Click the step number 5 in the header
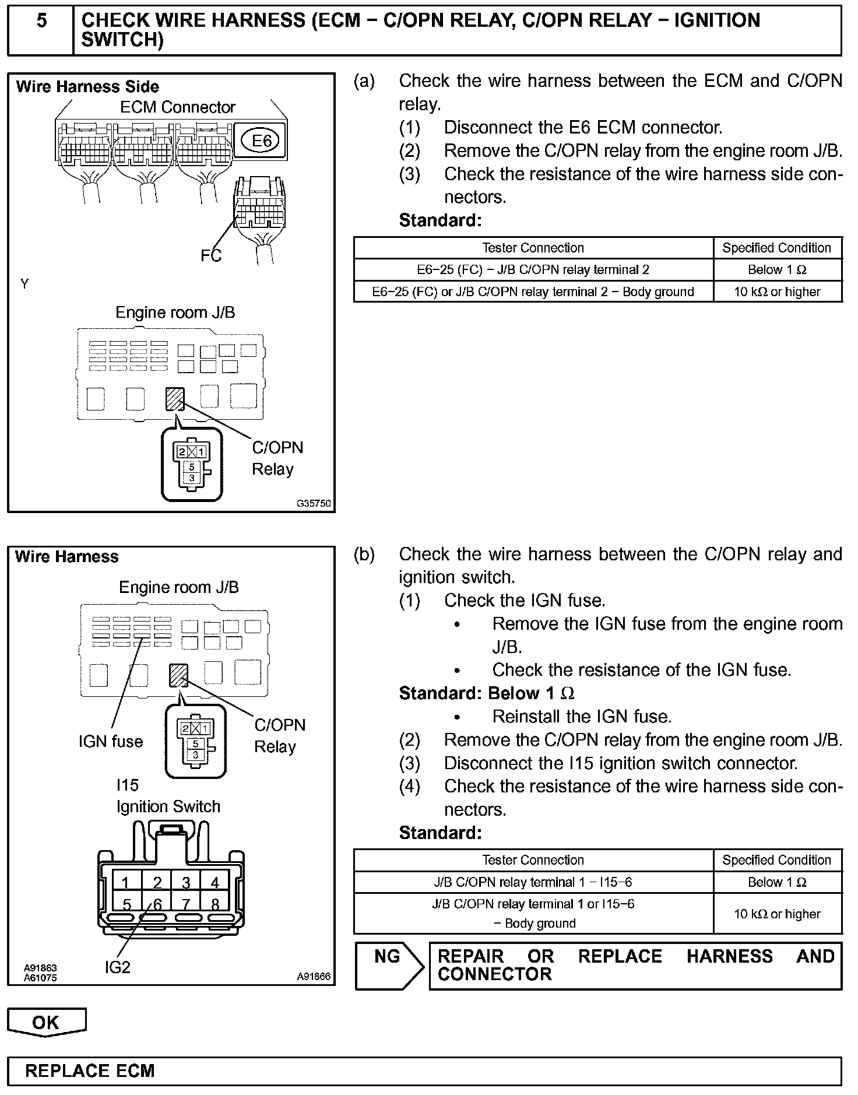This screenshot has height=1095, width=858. click(41, 22)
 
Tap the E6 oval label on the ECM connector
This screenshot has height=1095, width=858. click(262, 141)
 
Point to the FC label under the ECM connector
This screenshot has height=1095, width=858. click(211, 255)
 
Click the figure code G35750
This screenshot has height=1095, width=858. click(314, 503)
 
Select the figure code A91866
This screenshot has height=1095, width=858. click(314, 976)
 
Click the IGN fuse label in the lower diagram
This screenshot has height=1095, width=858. click(111, 742)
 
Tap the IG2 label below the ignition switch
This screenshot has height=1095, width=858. click(118, 967)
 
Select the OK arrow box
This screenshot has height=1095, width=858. click(46, 1022)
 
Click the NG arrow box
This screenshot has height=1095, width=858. click(389, 966)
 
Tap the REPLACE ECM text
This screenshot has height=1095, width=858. click(90, 1071)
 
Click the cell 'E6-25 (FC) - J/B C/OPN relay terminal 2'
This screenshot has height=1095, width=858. click(533, 269)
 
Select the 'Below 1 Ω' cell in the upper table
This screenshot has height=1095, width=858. click(777, 269)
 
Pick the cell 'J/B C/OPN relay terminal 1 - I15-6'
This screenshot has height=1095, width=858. click(533, 882)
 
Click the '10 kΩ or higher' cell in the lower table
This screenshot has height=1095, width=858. click(777, 914)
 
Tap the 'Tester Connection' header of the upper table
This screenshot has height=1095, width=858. click(533, 248)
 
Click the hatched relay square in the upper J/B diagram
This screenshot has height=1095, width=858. click(175, 399)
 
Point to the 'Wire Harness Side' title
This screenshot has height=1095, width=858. click(87, 87)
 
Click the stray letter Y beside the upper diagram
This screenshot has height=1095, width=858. click(24, 285)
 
